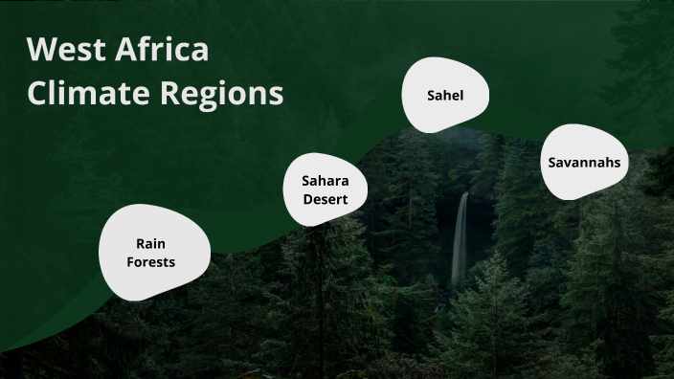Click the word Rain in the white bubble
(x=151, y=244)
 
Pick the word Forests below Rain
(x=151, y=261)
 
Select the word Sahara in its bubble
(x=326, y=180)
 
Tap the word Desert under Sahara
(x=326, y=199)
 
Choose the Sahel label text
(x=445, y=96)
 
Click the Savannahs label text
(x=584, y=162)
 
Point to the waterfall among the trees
(x=461, y=239)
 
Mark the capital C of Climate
(x=38, y=94)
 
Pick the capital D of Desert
(x=308, y=199)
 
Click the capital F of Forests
(x=131, y=261)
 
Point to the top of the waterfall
(x=464, y=196)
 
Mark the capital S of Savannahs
(x=552, y=162)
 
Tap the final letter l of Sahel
(x=461, y=96)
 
